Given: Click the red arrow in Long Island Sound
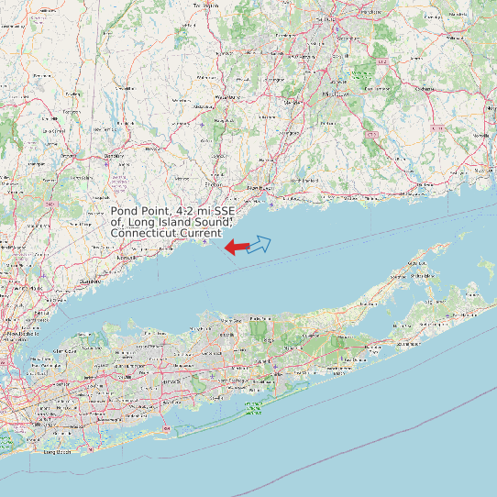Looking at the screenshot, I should click(237, 247).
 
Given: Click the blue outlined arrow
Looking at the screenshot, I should click(260, 243).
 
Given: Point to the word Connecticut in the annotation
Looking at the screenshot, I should click(142, 234).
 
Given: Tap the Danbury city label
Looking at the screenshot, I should click(115, 156).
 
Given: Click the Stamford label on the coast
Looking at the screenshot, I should click(89, 281).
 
